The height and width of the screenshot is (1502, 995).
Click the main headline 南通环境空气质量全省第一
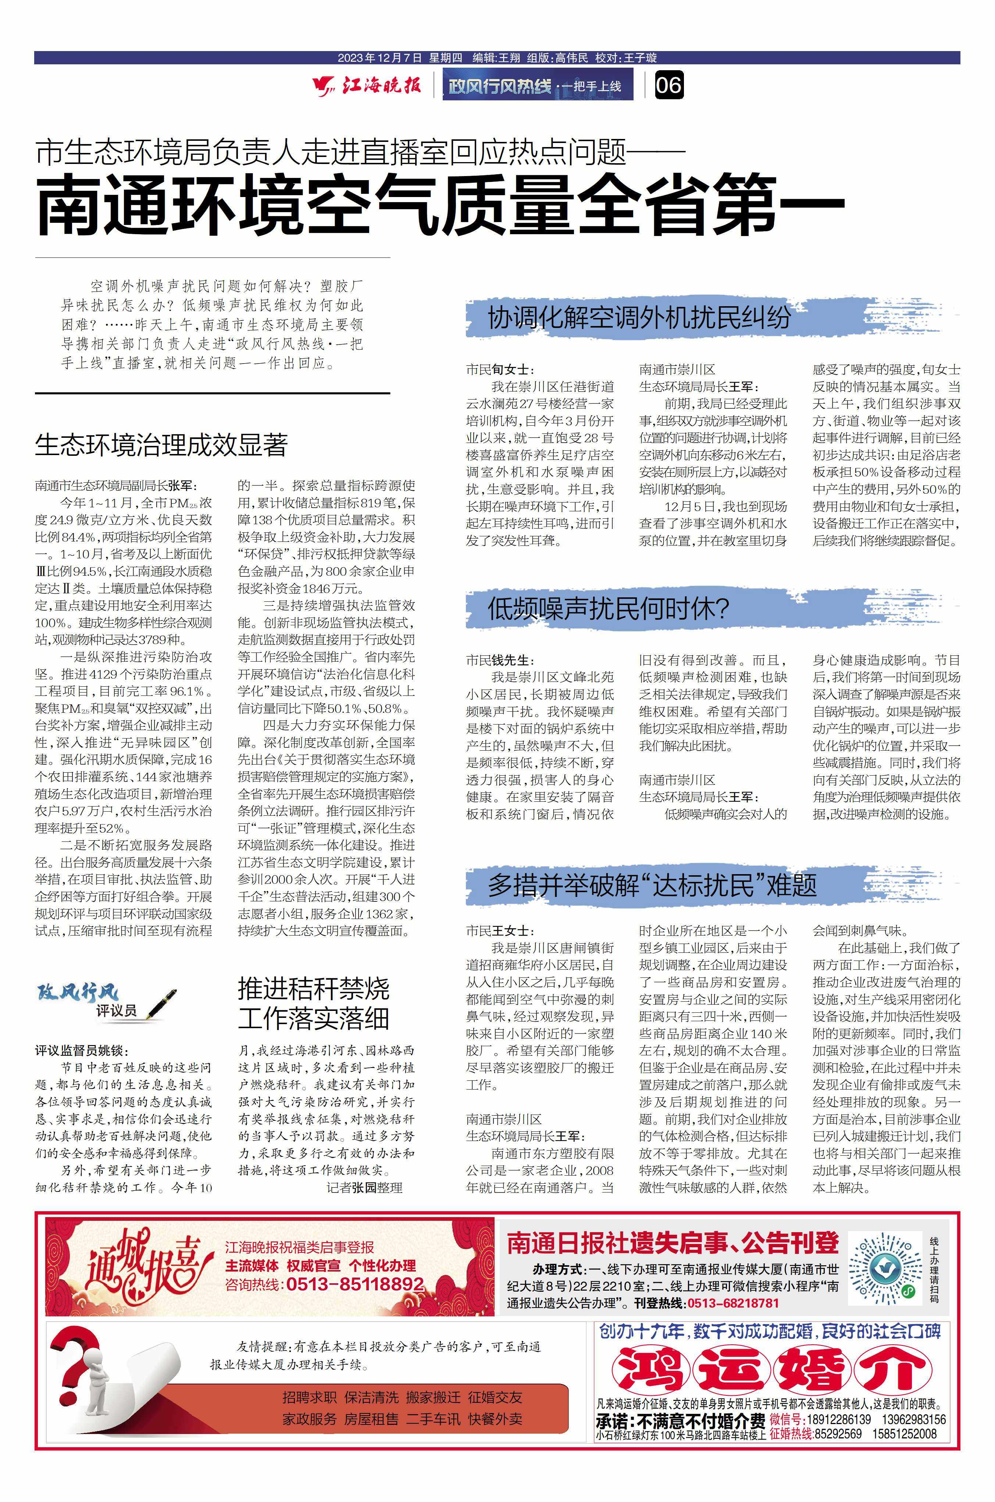(x=441, y=206)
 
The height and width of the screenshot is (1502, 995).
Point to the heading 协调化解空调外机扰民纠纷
(x=639, y=318)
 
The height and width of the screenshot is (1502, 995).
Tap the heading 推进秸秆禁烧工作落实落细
(x=314, y=1004)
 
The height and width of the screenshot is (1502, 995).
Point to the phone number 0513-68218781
(x=732, y=1303)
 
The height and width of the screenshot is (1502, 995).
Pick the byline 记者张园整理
(x=364, y=1187)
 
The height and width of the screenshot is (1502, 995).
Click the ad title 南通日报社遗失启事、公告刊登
(x=673, y=1243)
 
